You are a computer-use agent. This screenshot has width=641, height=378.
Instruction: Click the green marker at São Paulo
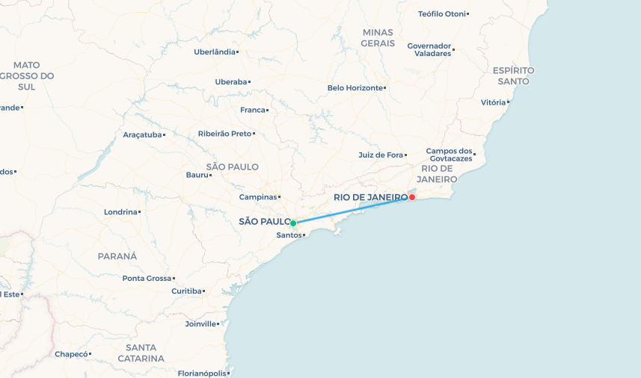pos(293,223)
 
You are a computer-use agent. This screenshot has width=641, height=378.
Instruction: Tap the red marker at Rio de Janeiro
pos(411,197)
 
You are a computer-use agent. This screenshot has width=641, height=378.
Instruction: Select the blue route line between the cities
pos(352,211)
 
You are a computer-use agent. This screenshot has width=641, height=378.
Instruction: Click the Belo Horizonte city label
pos(355,88)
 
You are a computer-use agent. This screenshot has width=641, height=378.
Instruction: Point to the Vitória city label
pos(494,102)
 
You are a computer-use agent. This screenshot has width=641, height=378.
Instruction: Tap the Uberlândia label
pos(215,52)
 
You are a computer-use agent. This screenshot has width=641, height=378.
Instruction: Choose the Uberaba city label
pos(230,81)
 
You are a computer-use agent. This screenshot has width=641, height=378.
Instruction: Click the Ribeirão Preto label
pos(224,134)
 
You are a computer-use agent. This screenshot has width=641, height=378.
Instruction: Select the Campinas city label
pos(258,197)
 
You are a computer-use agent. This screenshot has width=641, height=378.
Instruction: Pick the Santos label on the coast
pos(289,235)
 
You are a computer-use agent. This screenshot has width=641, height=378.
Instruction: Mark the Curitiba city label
pos(186,291)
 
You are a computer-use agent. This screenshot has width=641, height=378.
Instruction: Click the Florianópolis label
pos(202,373)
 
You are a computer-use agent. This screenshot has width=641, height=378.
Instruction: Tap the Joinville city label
pos(200,324)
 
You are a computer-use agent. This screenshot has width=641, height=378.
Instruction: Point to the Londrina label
pos(120,211)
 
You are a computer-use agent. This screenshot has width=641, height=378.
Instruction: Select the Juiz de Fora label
pos(381,155)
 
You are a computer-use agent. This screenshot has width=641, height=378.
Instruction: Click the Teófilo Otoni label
pos(441,13)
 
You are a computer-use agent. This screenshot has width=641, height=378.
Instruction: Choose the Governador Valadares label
pos(429,49)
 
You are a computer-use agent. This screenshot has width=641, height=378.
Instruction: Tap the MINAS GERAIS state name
pos(378,37)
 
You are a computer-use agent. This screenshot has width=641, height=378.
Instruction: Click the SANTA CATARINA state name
pos(141,353)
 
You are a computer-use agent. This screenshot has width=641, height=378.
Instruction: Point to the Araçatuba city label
pos(142,135)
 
